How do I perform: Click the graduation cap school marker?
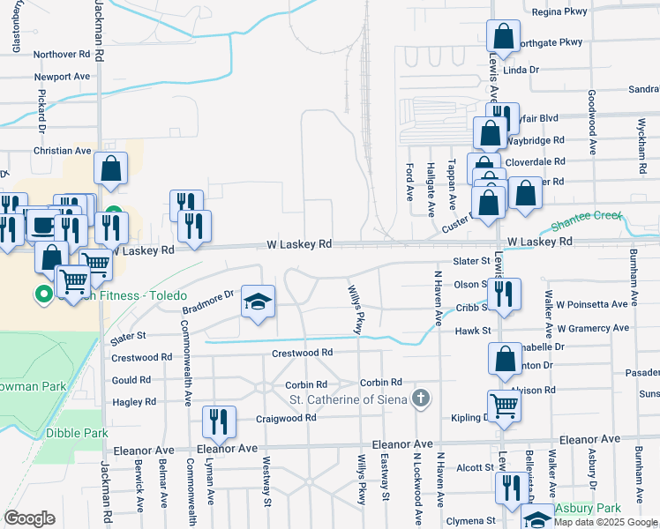[x=258, y=302]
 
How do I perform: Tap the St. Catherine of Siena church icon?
[x=422, y=399]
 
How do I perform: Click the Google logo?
[x=29, y=518]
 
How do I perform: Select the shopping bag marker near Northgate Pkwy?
[x=503, y=37]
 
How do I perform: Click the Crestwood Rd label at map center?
[x=302, y=353]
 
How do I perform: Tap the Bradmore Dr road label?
[x=207, y=302]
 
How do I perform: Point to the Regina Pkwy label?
[x=559, y=12]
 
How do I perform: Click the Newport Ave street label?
[x=62, y=77]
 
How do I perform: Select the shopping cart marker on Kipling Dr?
[x=504, y=406]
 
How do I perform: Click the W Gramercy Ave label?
[x=593, y=328]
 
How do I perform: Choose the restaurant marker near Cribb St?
[x=505, y=295]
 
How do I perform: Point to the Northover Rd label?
[x=62, y=54]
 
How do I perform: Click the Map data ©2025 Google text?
[x=605, y=522]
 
